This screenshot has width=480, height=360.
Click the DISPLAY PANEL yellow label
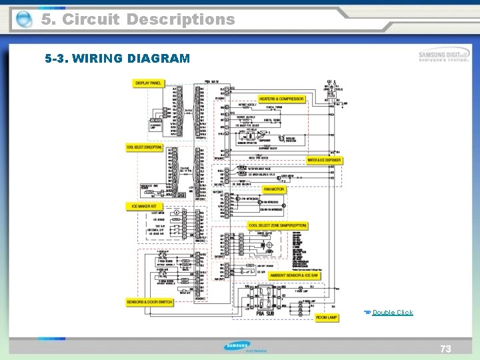pos(148,83)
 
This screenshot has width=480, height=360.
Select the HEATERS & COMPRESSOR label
pos(281,99)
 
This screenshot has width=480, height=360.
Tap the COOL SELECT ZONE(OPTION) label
pos(144,147)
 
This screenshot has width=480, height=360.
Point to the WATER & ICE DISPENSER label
pos(324,160)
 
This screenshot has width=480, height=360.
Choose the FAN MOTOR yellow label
pos(273,189)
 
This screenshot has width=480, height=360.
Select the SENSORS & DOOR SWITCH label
pos(150,302)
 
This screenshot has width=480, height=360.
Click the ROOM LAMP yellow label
pos(326,318)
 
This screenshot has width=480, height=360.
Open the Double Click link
pos(393,313)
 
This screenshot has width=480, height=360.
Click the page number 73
pos(445,349)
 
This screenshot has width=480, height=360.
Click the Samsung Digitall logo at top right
pos(444,55)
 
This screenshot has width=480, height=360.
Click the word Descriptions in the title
pos(180,19)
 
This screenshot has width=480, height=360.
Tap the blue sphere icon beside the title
pos(24,20)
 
